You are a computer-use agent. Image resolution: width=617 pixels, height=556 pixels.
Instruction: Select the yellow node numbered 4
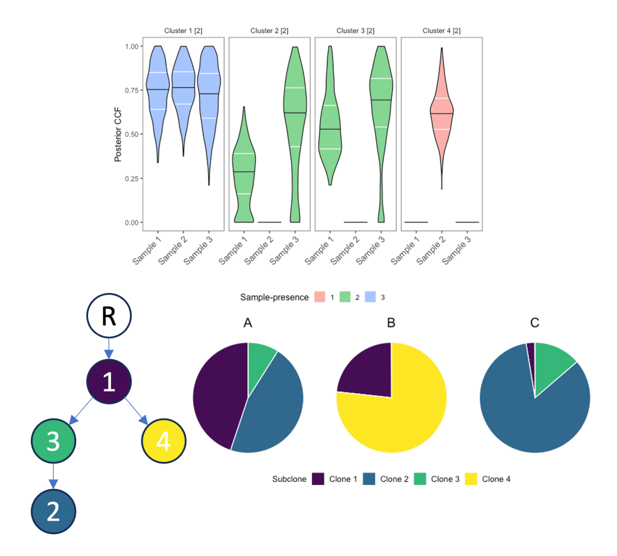pyautogui.click(x=163, y=441)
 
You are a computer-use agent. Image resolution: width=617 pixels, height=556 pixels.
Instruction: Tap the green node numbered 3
pyautogui.click(x=53, y=441)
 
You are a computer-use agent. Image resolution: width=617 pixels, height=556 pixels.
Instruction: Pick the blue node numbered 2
pyautogui.click(x=53, y=511)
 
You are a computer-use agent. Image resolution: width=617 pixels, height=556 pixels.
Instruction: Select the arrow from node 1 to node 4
pyautogui.click(x=135, y=411)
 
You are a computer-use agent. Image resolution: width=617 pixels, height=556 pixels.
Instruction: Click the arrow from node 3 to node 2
pyautogui.click(x=53, y=476)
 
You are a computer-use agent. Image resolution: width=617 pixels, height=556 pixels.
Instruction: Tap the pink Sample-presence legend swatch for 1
pyautogui.click(x=320, y=297)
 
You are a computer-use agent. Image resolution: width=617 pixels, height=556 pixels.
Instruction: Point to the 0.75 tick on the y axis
pyautogui.click(x=132, y=90)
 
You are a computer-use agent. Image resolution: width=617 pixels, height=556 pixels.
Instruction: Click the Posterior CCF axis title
pyautogui.click(x=118, y=134)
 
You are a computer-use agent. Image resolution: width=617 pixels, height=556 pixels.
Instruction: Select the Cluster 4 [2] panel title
pyautogui.click(x=441, y=30)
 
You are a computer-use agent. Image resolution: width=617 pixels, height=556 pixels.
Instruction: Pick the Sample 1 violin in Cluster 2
pyautogui.click(x=243, y=168)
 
